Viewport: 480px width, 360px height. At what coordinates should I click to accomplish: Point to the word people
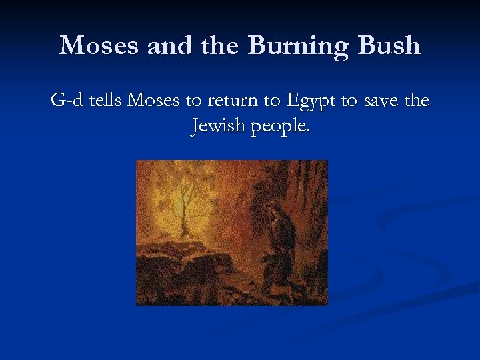coord(278,127)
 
